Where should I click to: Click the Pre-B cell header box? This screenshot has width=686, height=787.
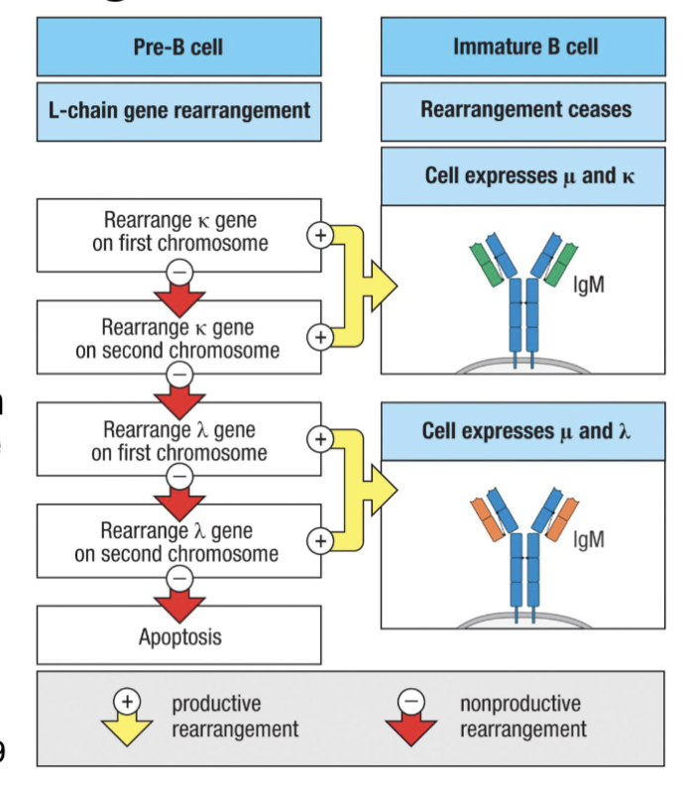(x=178, y=47)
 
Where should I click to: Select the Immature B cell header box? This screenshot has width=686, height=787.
(x=524, y=47)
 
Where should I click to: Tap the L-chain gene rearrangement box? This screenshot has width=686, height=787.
(x=178, y=110)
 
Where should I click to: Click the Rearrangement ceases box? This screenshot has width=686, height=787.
(x=524, y=110)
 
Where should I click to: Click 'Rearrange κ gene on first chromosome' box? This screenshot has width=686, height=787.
(x=178, y=233)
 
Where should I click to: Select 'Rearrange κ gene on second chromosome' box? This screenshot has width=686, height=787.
(x=178, y=338)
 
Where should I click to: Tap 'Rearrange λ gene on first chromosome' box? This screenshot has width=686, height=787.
(x=178, y=441)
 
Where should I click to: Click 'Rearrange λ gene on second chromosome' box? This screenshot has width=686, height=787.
(x=178, y=542)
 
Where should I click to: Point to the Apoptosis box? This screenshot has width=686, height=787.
(x=178, y=636)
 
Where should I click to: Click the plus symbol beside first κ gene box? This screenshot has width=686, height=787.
(x=319, y=235)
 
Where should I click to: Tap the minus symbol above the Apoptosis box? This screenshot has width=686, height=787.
(x=179, y=576)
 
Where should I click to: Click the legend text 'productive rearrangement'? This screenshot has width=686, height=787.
(x=235, y=717)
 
